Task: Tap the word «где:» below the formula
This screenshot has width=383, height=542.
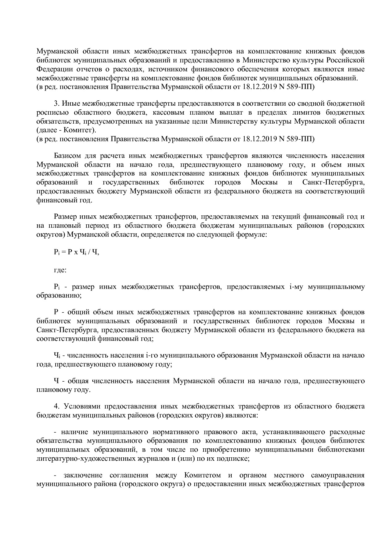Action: [x=60, y=270]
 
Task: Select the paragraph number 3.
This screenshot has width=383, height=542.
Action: [x=56, y=103]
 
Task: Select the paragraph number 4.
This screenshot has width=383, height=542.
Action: [x=56, y=406]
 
